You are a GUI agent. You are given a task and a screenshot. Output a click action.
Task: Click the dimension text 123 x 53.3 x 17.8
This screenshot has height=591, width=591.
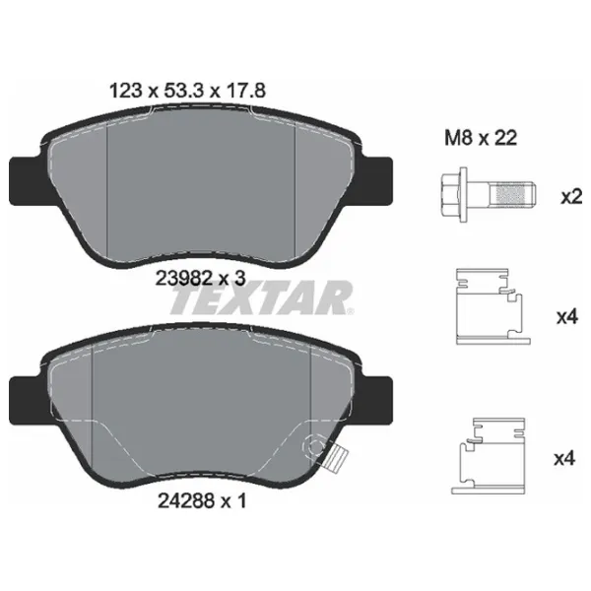pos(187,91)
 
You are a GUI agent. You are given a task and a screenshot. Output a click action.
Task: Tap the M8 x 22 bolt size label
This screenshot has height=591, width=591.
pos(481,138)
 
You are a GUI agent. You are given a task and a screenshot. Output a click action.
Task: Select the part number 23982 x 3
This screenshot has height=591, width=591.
pos(201,279)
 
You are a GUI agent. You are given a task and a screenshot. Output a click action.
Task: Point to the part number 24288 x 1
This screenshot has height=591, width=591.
pos(202,501)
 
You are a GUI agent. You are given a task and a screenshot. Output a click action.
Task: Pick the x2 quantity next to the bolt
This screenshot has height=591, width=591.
pos(571,197)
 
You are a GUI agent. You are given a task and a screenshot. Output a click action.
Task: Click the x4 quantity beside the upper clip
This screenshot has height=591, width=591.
pos(567,317)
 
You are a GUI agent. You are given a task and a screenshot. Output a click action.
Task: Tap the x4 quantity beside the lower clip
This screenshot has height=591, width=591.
pos(564,459)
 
